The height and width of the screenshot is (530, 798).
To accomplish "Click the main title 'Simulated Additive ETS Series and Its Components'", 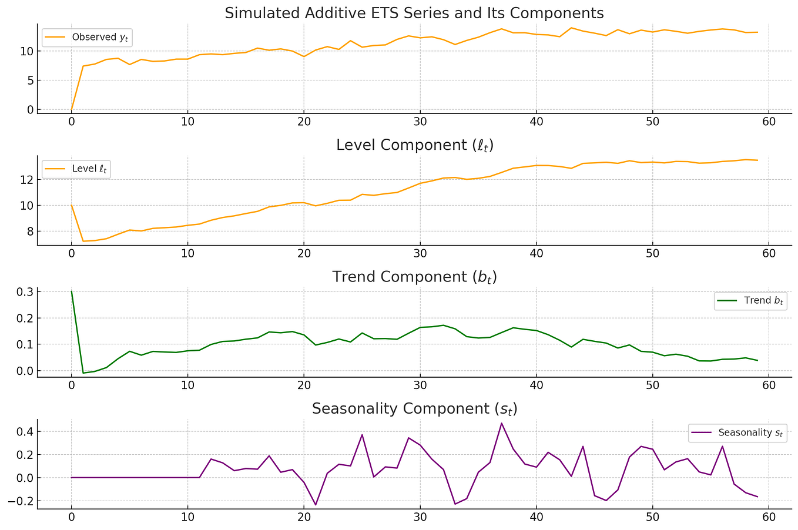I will point(414,13).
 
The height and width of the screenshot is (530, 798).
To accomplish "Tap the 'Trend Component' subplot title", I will point(414,277).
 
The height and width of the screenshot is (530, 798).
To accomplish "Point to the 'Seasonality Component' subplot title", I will point(414,409).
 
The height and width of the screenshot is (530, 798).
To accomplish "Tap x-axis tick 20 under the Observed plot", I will point(304,122).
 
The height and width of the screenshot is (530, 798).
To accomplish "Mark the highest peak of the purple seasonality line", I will point(501,423).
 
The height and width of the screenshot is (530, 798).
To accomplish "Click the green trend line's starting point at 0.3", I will point(72,291).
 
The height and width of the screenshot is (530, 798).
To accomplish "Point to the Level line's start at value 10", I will point(72,205).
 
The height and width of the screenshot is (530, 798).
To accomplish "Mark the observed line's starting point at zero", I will point(72,110).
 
